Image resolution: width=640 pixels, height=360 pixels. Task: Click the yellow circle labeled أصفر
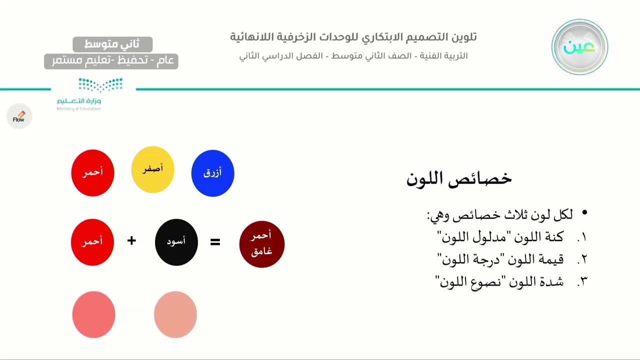(153, 169)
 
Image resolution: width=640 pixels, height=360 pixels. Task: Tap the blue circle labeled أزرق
(213, 173)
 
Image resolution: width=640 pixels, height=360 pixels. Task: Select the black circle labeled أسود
(176, 242)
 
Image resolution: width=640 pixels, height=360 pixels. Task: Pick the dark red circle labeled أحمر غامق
(262, 244)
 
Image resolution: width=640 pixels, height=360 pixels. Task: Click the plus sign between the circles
(131, 240)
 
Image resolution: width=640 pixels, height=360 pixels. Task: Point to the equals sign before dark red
(215, 242)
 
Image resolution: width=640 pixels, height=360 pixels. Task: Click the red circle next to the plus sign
(92, 242)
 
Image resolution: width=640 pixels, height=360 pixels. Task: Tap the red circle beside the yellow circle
(93, 173)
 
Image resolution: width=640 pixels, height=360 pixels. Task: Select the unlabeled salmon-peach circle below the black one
(175, 314)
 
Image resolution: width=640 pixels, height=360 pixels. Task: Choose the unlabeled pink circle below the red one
(93, 314)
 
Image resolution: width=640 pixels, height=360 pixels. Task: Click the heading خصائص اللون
(459, 179)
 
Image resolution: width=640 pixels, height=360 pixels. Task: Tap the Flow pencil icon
(19, 116)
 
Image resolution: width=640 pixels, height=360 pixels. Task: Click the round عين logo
(579, 47)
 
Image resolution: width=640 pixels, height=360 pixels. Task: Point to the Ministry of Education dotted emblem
(100, 85)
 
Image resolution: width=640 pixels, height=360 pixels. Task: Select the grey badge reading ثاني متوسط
(112, 44)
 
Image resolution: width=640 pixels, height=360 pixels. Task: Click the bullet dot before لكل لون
(584, 212)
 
